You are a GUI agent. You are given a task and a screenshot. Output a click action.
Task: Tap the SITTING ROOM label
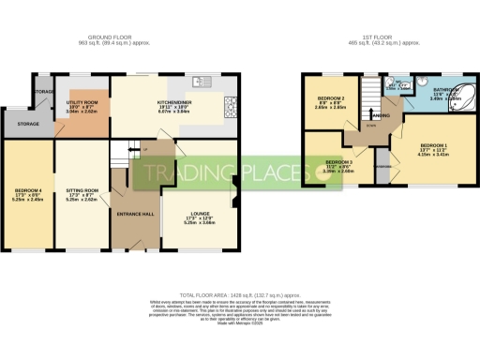(82, 191)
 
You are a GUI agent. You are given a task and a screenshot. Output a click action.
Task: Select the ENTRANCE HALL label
(135, 214)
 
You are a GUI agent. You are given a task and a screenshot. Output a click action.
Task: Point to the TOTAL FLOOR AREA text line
(240, 293)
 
